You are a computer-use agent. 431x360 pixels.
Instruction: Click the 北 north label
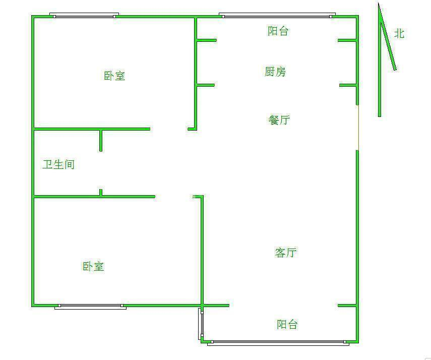pos(399,34)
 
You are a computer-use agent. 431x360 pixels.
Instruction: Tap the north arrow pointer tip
pos(379,3)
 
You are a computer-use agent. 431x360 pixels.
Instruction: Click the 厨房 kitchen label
pos(275,72)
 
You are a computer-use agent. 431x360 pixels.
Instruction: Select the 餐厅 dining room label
pos(279,120)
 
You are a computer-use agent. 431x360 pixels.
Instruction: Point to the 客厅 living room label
pos(286,252)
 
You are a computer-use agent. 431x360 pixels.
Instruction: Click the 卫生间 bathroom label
pos(58,164)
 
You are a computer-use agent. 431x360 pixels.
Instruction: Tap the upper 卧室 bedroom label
pos(114,76)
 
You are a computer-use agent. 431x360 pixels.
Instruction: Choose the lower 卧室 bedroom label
pos(93,266)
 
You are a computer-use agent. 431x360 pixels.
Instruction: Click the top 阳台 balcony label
pos(278,31)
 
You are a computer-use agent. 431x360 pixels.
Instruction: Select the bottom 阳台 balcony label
pos(287,324)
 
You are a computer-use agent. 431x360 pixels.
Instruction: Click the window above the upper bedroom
pos(84,16)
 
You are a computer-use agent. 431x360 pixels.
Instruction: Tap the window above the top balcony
pos(277,16)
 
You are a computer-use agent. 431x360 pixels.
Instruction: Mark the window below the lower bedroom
pos(90,307)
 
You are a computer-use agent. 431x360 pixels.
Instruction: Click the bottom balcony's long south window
pos(278,343)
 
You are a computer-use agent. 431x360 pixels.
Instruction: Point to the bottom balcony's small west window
pos(201,324)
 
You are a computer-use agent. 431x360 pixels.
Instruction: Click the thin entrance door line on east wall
pos(358,128)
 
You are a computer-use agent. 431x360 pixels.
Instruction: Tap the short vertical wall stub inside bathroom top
pos(101,140)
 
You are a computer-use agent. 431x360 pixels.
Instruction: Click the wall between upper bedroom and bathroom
pos(92,129)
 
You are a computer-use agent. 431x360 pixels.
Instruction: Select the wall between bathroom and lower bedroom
pos(94,196)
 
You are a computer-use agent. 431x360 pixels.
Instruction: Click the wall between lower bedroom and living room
pos(202,250)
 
